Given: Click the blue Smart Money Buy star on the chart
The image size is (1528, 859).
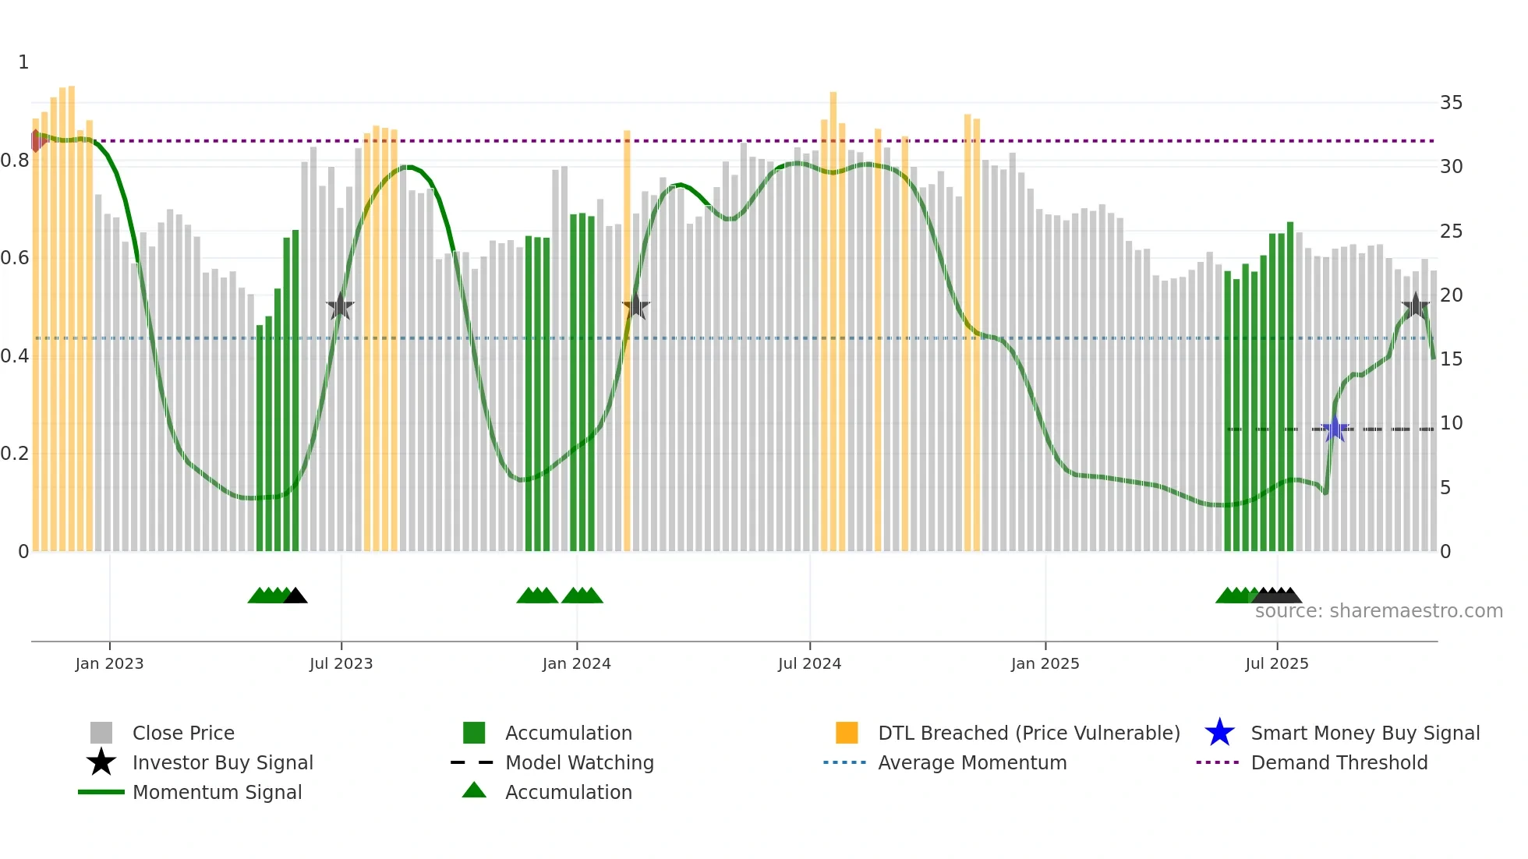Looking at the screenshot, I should pos(1335,429).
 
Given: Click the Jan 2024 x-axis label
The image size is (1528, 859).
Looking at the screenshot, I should pos(576,664).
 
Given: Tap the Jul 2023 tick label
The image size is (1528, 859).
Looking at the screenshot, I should pos(341,664).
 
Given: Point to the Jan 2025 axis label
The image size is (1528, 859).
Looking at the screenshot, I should pos(1045,664).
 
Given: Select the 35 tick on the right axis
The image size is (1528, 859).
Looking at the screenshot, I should pos(1451,103).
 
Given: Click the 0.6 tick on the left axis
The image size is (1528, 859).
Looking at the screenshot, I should pos(15,258).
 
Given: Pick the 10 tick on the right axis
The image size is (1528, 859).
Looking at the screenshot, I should pos(1451,423).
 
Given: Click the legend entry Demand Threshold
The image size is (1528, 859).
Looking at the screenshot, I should pos(1339,763).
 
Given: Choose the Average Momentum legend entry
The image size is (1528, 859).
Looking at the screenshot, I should pos(971,763).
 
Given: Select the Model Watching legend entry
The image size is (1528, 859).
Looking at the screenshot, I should pos(578,763).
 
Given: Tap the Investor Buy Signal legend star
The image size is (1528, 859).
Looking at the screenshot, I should pos(101,762).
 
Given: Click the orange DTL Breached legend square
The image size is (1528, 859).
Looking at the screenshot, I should pos(847,733).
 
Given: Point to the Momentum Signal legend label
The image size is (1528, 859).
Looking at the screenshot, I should pos(217,793).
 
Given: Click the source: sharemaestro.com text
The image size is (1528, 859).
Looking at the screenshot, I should pos(1378,611).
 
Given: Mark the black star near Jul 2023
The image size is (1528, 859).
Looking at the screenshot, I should pos(340,306).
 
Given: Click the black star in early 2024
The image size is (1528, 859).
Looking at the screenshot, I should pos(635,306).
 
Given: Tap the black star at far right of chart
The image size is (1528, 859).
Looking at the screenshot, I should pos(1415,306).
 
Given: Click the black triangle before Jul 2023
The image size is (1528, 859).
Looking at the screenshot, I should pos(295,596).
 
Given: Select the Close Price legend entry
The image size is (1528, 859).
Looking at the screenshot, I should pos(182,734).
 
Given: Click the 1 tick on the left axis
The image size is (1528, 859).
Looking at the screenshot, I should pos(23,62).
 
